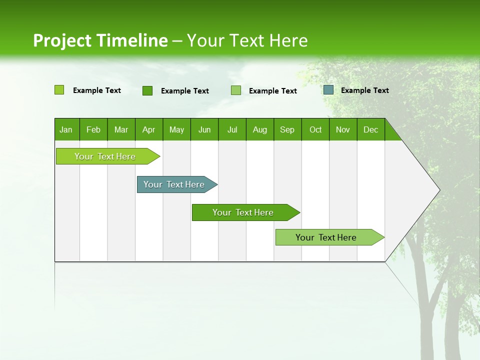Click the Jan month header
click(66, 129)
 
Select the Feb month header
click(93, 129)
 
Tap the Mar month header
click(121, 129)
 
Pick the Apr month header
click(149, 129)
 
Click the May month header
click(176, 129)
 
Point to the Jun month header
click(204, 129)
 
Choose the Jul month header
click(232, 129)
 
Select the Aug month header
click(260, 129)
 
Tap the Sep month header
click(287, 129)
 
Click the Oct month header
click(315, 129)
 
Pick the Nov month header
click(343, 129)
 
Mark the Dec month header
click(370, 129)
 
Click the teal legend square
click(328, 90)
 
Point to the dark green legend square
click(147, 90)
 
